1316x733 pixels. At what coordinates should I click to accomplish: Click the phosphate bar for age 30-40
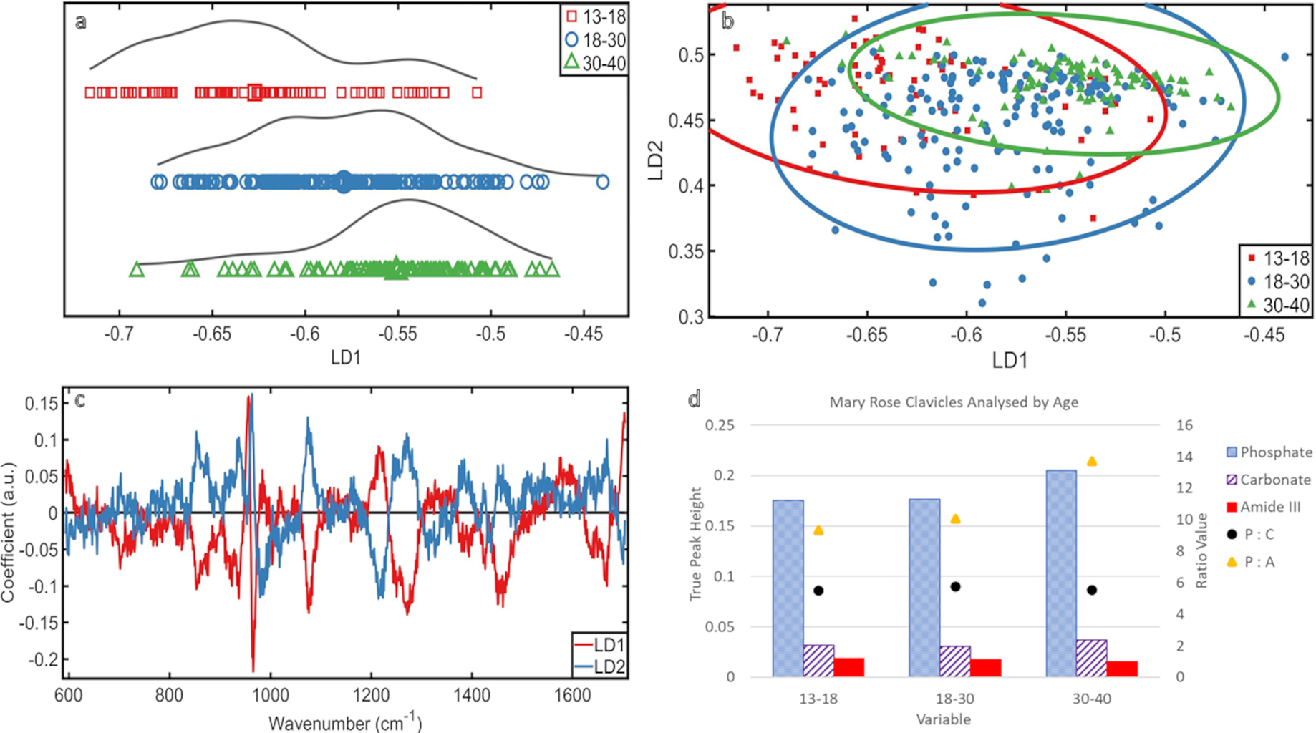point(1060,573)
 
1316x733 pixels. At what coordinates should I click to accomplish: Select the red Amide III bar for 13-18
point(848,667)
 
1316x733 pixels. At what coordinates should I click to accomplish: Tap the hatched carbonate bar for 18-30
point(955,661)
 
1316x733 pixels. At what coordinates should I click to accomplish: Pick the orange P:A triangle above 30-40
point(1091,462)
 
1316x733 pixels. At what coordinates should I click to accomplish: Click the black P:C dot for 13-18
point(818,591)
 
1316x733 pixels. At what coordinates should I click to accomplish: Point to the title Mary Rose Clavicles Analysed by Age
point(953,402)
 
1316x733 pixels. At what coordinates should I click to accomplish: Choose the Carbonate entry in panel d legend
point(1275,480)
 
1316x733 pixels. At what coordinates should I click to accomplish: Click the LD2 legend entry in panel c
point(609,666)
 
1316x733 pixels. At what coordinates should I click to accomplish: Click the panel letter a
point(81,22)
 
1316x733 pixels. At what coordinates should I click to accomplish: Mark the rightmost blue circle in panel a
point(603,182)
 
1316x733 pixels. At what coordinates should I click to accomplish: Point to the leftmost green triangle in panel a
point(137,270)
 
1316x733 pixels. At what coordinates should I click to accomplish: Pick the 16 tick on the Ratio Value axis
point(1184,425)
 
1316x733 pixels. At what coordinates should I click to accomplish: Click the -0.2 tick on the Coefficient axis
point(42,659)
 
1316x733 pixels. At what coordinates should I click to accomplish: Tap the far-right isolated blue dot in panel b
point(1284,57)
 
